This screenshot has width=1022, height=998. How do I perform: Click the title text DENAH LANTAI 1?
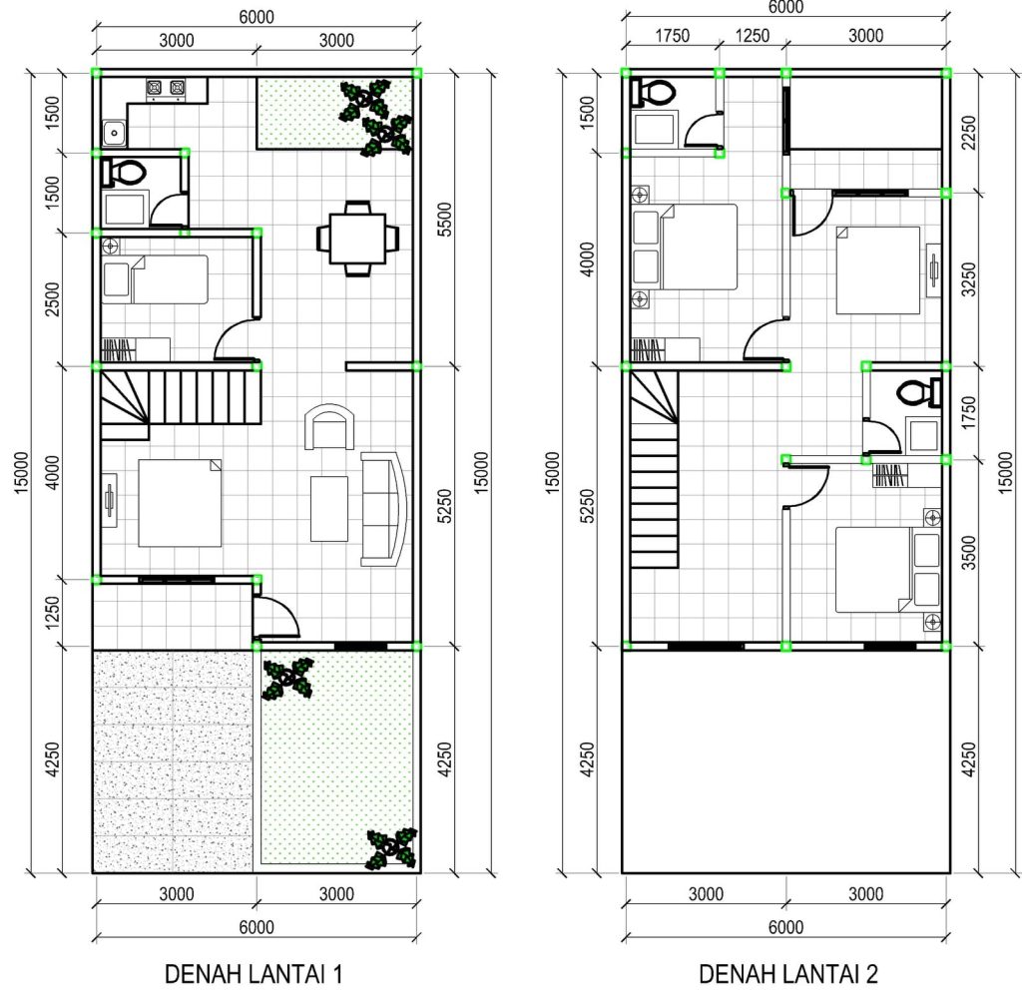tap(255, 973)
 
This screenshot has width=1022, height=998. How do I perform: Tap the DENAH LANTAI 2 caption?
tap(787, 973)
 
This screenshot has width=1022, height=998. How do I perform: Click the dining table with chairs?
tap(356, 238)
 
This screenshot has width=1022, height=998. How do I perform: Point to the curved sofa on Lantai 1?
tap(384, 509)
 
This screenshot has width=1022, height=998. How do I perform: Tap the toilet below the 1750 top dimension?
tap(654, 93)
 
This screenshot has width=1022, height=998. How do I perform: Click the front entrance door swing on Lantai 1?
tap(276, 617)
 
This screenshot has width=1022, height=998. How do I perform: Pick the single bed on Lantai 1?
tap(155, 279)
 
